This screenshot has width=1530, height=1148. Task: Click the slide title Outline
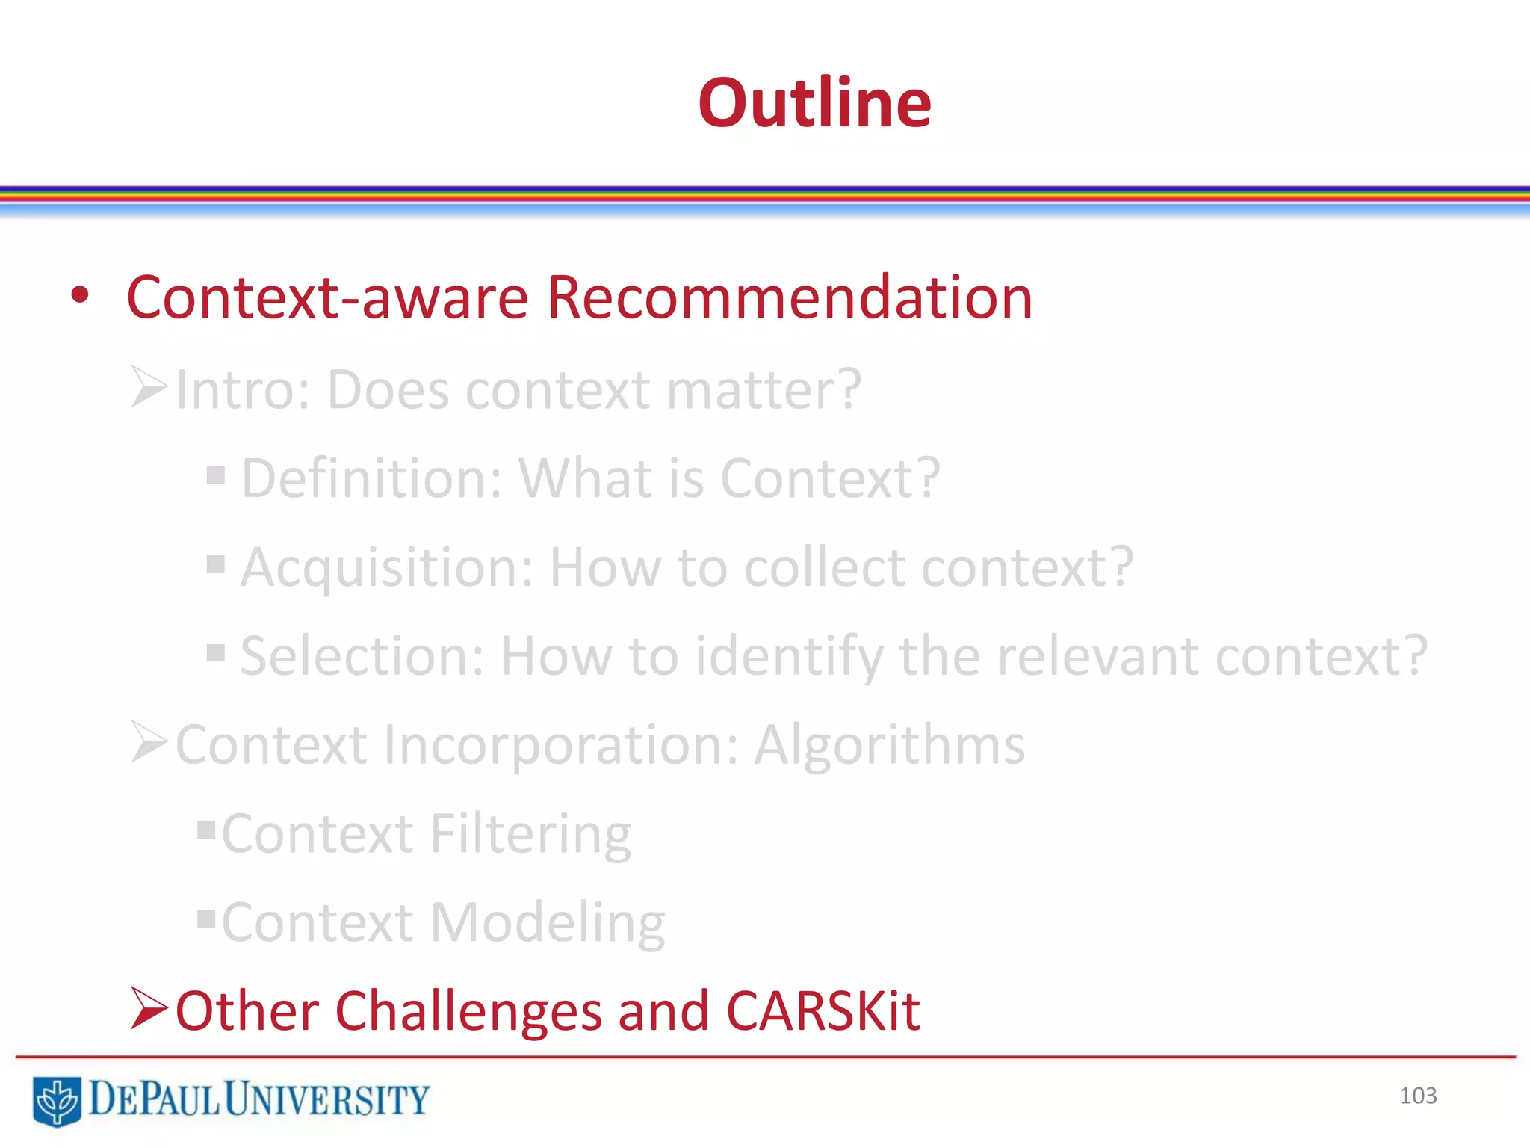[x=814, y=103]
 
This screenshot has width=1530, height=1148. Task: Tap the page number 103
[x=1417, y=1096]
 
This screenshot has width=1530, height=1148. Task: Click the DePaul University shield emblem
[x=56, y=1100]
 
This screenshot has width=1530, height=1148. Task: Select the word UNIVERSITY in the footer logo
[x=326, y=1099]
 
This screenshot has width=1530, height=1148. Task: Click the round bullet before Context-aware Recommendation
[x=80, y=296]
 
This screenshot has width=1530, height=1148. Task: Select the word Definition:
[x=372, y=478]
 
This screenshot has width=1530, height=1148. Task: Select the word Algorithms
[x=889, y=745]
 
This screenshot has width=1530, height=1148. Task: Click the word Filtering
[x=530, y=834]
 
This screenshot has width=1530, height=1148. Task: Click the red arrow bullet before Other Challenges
[x=148, y=1008]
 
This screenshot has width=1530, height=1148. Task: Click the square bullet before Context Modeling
[x=206, y=917]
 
